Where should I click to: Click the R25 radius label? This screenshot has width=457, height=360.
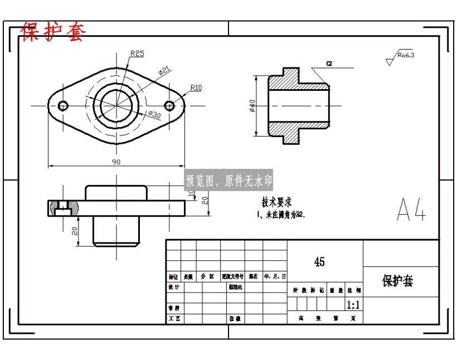[x=137, y=53]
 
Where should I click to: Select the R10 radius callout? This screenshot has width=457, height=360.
[x=196, y=87]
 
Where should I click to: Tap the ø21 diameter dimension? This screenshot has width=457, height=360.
[x=164, y=71]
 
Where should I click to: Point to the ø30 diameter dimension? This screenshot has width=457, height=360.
[x=154, y=114]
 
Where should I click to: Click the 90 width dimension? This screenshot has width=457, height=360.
[x=116, y=162]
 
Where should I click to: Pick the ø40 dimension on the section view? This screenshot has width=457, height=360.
[x=252, y=106]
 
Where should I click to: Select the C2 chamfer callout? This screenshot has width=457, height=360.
[x=329, y=64]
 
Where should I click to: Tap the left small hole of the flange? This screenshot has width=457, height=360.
[x=63, y=105]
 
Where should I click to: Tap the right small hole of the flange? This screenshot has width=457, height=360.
[x=170, y=105]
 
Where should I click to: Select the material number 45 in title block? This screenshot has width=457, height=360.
[x=319, y=261]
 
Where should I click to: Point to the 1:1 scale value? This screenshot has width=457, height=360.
[x=353, y=305]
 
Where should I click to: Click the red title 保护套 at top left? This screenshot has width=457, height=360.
[x=54, y=32]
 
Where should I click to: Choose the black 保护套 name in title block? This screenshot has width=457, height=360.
[x=397, y=281]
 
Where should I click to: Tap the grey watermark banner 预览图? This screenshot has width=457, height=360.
[x=229, y=181]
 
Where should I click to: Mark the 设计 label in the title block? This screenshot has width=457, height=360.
[x=174, y=288]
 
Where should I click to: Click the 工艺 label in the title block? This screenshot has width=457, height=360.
[x=174, y=319]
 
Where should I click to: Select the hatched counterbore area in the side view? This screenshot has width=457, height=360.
[x=54, y=207]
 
